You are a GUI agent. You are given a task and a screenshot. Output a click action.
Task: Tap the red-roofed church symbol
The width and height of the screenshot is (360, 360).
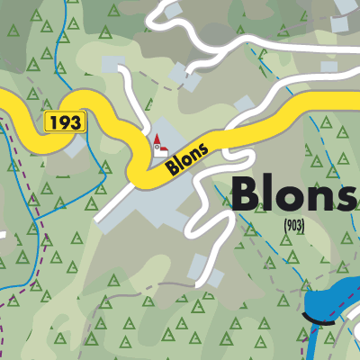160,143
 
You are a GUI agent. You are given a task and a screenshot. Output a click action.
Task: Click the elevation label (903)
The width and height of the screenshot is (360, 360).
293,226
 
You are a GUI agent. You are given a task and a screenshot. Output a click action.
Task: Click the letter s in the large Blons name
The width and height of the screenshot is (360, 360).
346,197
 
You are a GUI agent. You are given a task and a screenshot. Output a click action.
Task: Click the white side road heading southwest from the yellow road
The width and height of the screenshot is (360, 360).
112,202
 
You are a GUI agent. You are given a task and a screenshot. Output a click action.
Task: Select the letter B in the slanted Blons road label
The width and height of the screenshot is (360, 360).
169,168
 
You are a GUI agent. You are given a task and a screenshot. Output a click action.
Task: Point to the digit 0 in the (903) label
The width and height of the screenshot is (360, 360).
293,226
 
